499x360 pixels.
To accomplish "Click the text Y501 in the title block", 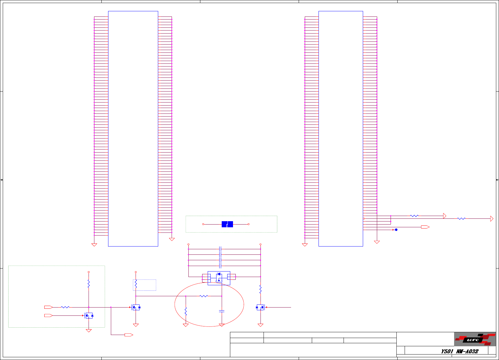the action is click(447, 351).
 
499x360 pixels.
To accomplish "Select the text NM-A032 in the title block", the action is click(467, 351).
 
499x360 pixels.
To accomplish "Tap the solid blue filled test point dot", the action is click(396, 230).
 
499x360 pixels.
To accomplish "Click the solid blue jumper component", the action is click(227, 224).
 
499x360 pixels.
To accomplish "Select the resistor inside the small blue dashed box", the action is click(136, 284).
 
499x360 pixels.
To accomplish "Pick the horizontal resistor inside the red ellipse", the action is click(203, 296).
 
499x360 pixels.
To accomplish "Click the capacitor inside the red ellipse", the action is click(222, 311).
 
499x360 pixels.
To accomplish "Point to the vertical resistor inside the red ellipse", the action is click(186, 311).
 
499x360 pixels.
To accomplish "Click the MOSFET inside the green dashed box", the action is click(89, 315).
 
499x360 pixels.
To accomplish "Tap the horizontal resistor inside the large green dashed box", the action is click(65, 307).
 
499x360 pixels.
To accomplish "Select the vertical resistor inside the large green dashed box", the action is click(89, 284).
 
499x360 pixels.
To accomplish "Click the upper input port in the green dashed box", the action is click(48, 307).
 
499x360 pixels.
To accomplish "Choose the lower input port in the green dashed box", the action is click(48, 315).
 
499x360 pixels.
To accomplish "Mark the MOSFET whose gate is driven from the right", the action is click(260, 307).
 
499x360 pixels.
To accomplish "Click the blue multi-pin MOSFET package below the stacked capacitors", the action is click(219, 278).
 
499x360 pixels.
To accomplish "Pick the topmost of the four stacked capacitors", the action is click(220, 249).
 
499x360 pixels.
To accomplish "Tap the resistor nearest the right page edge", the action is click(461, 219).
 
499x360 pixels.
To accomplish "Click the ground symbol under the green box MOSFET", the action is click(89, 331).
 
